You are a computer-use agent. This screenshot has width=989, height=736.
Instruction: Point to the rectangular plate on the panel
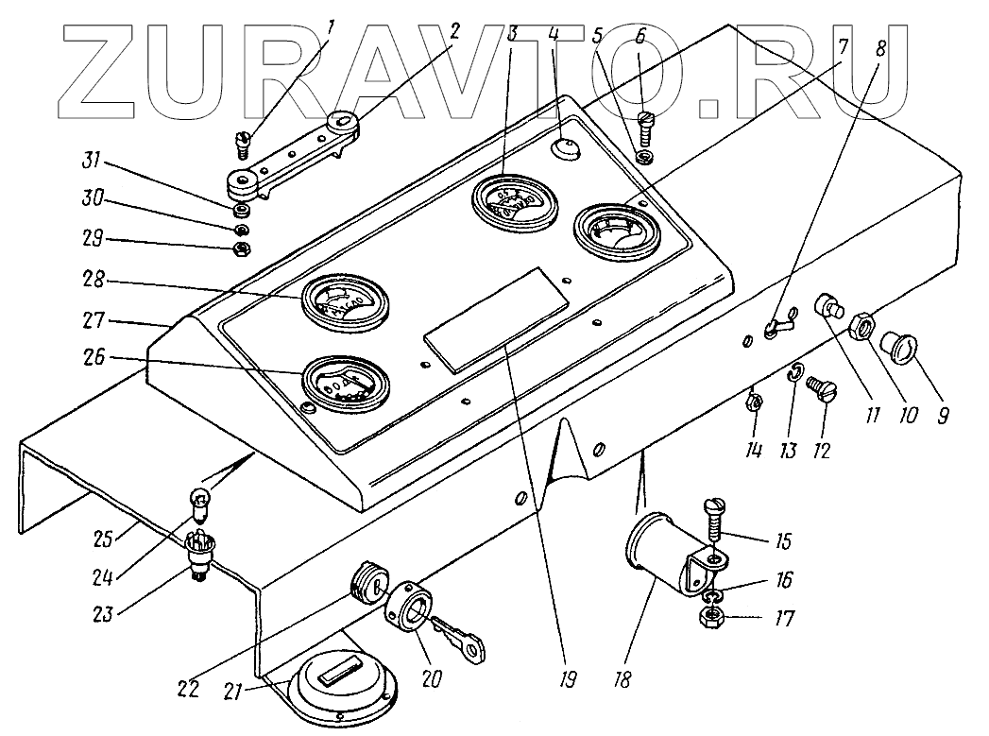496,317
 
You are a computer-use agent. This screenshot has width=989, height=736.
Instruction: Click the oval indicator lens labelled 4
565,148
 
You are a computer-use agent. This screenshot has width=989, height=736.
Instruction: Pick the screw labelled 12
818,387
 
